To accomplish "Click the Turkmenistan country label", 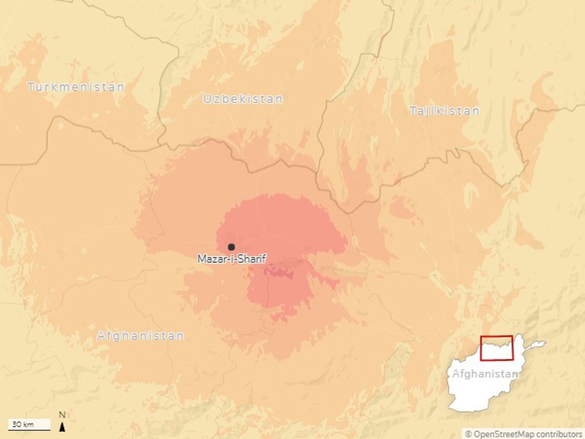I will pyautogui.click(x=76, y=87).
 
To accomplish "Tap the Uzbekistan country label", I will pyautogui.click(x=243, y=99).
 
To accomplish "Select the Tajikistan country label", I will pyautogui.click(x=444, y=111).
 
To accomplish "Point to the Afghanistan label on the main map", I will pyautogui.click(x=140, y=336).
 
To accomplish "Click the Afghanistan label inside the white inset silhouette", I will pyautogui.click(x=484, y=374).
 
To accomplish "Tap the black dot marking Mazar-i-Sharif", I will pyautogui.click(x=231, y=247).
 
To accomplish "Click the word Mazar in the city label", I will pyautogui.click(x=208, y=259).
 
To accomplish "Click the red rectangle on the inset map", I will pyautogui.click(x=496, y=348).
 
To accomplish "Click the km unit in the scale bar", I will pyautogui.click(x=28, y=424).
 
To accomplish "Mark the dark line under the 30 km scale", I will pyautogui.click(x=29, y=430).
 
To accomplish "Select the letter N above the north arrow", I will pyautogui.click(x=62, y=415).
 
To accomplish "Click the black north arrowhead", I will pyautogui.click(x=63, y=427).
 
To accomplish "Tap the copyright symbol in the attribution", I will pyautogui.click(x=468, y=434).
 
